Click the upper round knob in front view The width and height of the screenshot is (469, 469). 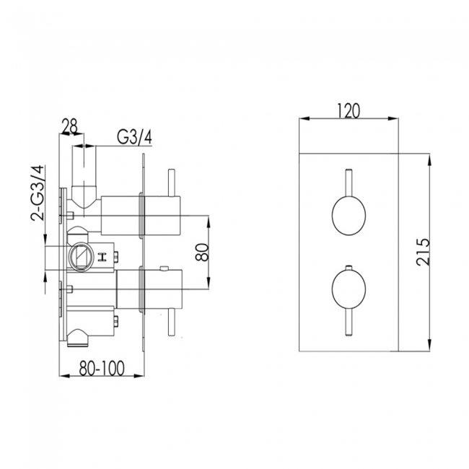click(349, 214)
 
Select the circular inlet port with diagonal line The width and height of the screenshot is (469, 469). click(79, 255)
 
